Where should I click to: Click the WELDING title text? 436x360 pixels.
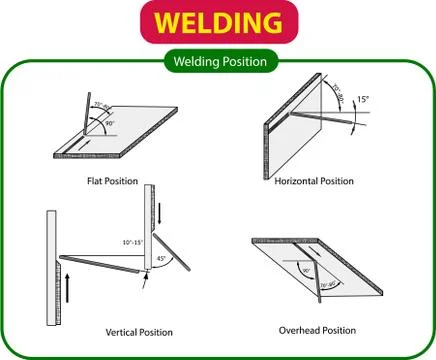pos(217,22)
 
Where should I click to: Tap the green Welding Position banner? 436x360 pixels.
pos(217,61)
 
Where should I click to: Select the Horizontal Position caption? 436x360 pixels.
pos(314,181)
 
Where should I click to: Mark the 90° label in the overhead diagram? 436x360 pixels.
pos(306,271)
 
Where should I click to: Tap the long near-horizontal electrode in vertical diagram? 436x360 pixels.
pos(98,264)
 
